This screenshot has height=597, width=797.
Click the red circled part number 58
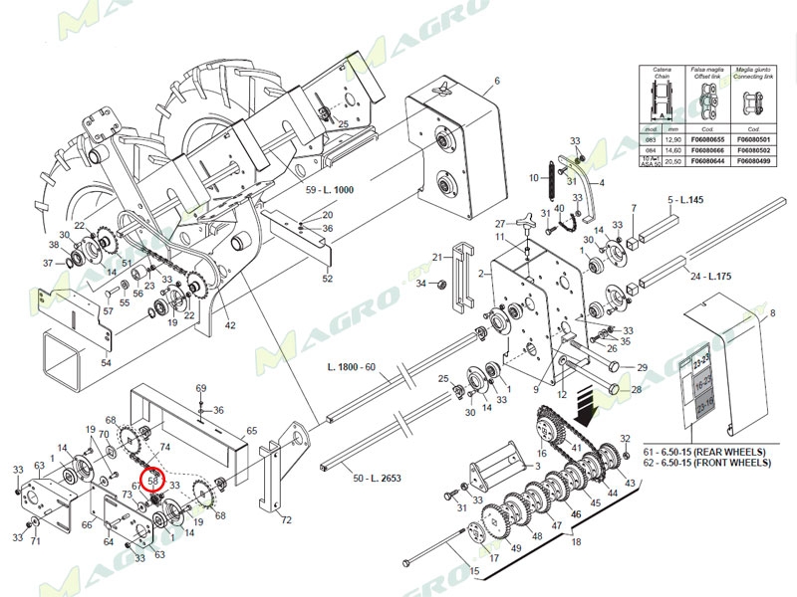click(154, 479)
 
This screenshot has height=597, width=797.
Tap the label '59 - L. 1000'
click(330, 189)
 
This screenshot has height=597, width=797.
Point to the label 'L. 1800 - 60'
click(351, 368)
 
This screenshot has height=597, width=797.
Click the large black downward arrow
click(593, 407)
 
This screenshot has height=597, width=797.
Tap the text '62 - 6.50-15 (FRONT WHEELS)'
click(707, 463)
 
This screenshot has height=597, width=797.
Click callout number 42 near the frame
click(230, 325)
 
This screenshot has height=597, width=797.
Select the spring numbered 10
click(546, 179)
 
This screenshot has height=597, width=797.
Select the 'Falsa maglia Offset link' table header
click(708, 73)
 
